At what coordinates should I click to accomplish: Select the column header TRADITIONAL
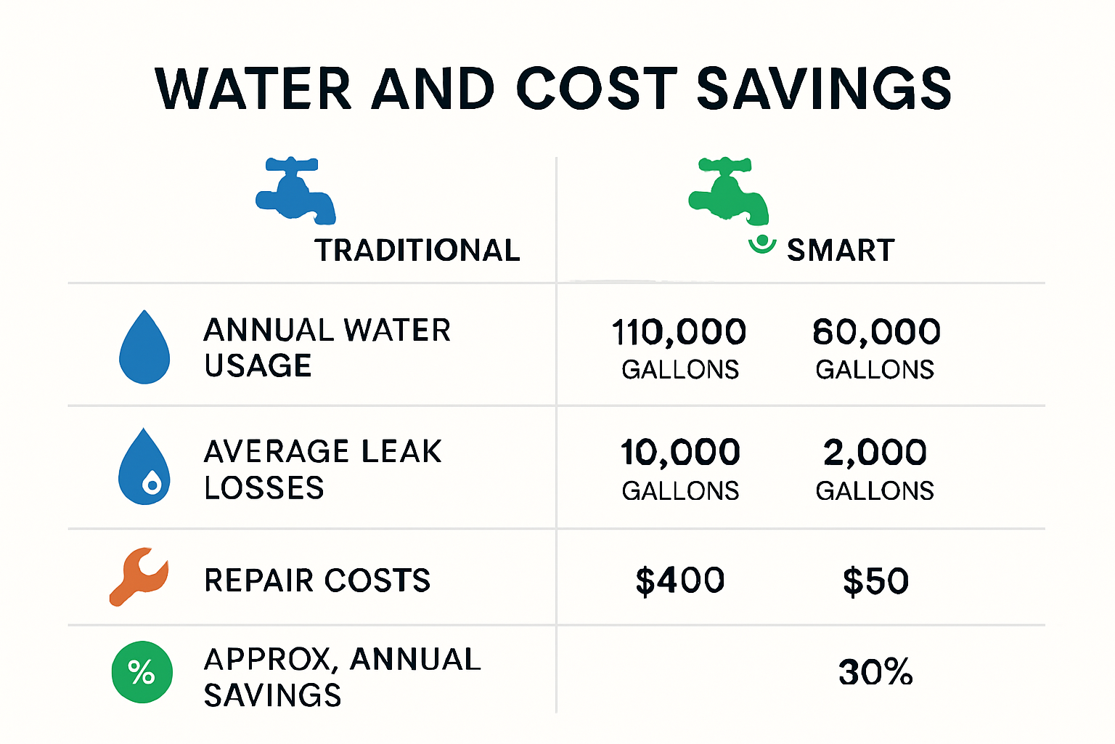417,251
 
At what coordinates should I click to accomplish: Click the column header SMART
841,251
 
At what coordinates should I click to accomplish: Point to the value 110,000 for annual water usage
679,332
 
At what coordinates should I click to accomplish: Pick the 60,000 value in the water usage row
876,332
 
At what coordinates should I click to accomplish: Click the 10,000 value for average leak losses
680,453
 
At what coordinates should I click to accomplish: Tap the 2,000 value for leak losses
875,453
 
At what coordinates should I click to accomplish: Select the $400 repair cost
680,581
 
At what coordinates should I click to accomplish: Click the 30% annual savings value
875,672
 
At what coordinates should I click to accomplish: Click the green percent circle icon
142,672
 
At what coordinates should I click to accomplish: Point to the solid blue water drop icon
144,348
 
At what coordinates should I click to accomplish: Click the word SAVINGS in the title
824,89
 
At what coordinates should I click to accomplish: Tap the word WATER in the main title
253,89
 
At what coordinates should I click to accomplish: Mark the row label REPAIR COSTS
317,581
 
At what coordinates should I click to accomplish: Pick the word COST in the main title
597,89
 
